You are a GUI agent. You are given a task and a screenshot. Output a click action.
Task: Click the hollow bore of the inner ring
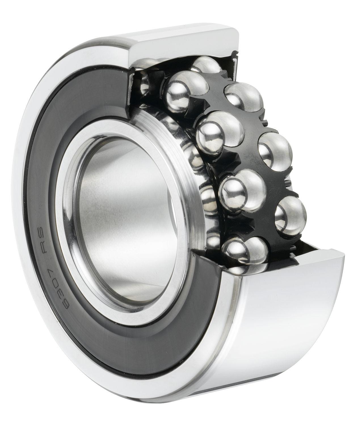(119, 199)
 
